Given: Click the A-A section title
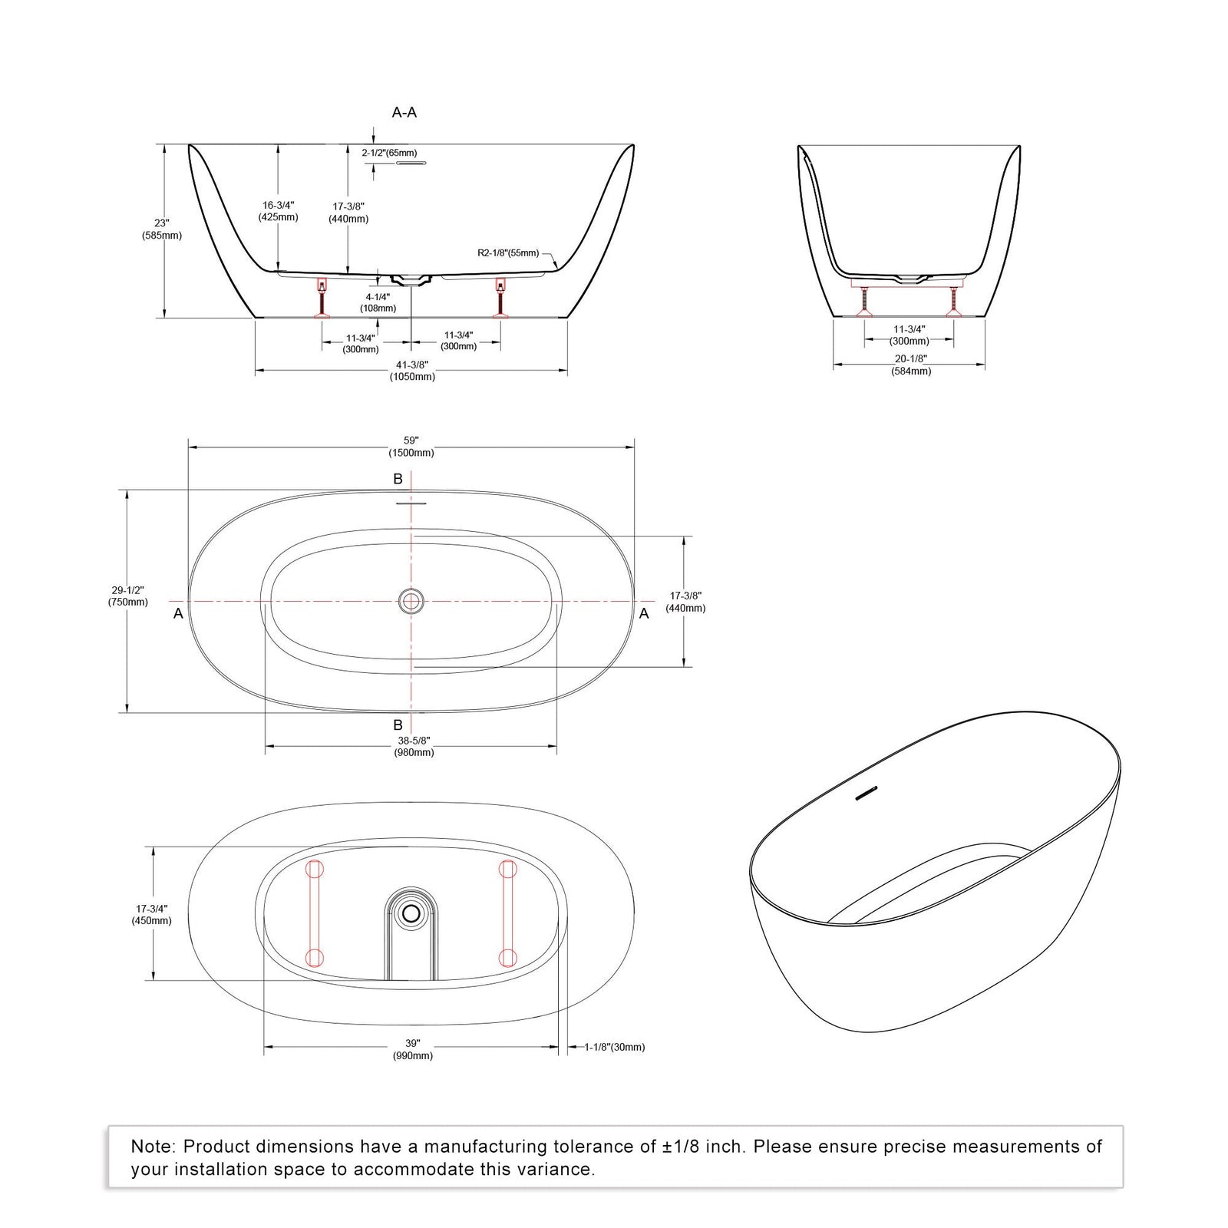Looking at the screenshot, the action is (x=404, y=113).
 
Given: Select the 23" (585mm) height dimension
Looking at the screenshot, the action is (x=161, y=229).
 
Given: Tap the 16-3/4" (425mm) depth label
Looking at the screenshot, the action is (x=279, y=211).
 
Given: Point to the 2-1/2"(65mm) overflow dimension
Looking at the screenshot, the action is (x=389, y=153).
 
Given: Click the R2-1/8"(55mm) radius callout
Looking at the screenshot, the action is (x=508, y=253).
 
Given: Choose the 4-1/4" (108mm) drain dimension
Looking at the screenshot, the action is (x=378, y=302).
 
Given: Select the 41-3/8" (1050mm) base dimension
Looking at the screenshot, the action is (x=412, y=371).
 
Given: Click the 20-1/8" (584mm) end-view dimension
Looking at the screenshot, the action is (x=911, y=365).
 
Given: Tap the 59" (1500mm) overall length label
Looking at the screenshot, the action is (x=412, y=447).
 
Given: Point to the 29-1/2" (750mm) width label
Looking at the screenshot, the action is (x=128, y=596).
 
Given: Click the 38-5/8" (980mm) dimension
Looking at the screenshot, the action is (x=414, y=747).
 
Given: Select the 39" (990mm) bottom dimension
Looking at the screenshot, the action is (x=413, y=1050).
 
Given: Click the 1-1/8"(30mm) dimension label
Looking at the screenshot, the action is (x=614, y=1047).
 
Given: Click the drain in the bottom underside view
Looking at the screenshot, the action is (x=412, y=913).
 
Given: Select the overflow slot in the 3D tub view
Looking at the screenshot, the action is (x=867, y=794).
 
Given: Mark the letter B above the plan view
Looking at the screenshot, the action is (x=398, y=479).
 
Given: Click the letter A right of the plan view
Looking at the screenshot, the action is (x=644, y=613).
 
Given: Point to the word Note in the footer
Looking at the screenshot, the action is (x=153, y=1147).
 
